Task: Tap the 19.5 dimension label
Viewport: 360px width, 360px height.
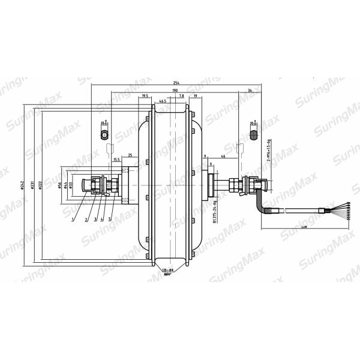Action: tap(145, 96)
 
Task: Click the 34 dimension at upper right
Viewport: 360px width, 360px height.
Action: tap(249, 91)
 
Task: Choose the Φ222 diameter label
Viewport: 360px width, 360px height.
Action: tap(39, 186)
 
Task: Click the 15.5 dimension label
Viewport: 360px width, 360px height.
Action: tap(116, 160)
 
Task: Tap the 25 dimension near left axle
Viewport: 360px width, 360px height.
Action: tap(130, 154)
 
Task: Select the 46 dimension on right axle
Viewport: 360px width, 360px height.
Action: tap(223, 156)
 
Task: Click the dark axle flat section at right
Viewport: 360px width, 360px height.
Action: tap(253, 131)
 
